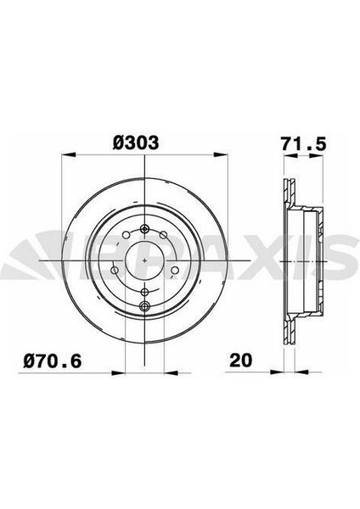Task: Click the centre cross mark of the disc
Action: tap(146, 260)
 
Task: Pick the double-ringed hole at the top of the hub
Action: tap(146, 227)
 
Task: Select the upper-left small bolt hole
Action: tap(125, 237)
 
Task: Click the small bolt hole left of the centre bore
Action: tap(117, 271)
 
